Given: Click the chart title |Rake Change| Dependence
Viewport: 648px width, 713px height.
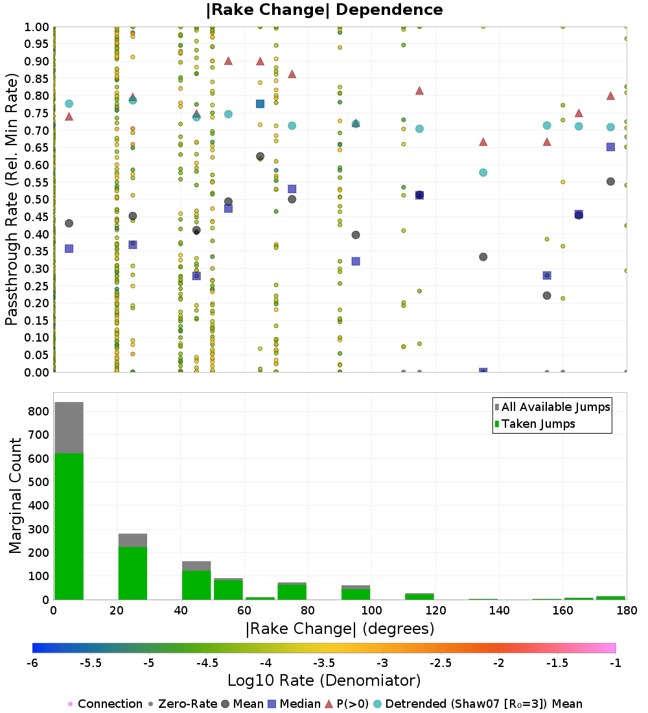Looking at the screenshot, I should (324, 10).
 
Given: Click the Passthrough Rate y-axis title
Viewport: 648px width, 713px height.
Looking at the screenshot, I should (12, 200).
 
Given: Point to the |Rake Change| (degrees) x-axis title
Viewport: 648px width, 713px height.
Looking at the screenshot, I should (340, 629).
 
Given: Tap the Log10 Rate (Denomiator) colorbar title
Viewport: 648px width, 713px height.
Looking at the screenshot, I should (324, 681).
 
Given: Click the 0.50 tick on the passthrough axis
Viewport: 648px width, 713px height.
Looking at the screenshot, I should (38, 200).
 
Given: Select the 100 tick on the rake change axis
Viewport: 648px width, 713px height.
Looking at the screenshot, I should (371, 611).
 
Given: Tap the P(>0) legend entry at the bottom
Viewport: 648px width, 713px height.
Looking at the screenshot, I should (351, 704).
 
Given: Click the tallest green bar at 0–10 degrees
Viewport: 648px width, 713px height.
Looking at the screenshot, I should (69, 525).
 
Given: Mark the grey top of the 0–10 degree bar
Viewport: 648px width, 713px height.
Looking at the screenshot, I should (69, 428).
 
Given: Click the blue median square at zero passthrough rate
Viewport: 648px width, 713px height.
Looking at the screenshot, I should (483, 372).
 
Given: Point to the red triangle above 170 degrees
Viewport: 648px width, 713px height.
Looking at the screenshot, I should (610, 96).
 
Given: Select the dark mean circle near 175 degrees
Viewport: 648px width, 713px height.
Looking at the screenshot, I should (610, 181).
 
